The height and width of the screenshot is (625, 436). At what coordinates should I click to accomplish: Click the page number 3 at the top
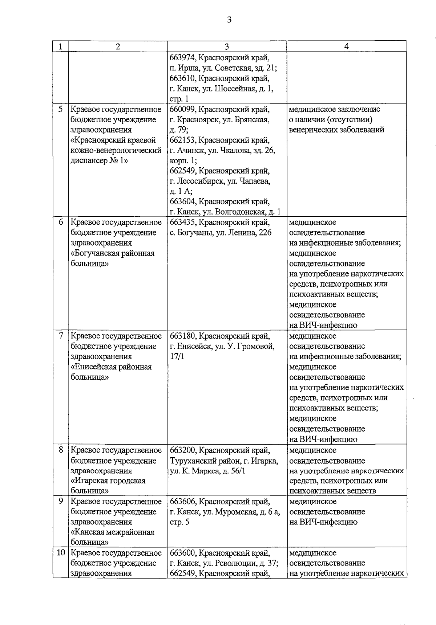tap(229, 20)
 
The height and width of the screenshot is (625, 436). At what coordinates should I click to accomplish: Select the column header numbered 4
tap(346, 46)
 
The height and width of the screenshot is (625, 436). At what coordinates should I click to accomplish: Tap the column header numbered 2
tap(117, 46)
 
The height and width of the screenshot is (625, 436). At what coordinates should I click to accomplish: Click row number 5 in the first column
tap(60, 109)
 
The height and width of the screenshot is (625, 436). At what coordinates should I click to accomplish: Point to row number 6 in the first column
tap(60, 222)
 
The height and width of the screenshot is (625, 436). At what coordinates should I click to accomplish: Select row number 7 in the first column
tap(60, 336)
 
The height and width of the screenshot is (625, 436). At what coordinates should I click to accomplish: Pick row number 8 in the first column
tap(60, 450)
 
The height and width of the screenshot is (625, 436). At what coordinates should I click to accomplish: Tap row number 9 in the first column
tap(60, 502)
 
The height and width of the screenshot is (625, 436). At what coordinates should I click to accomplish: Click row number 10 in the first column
tap(60, 553)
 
